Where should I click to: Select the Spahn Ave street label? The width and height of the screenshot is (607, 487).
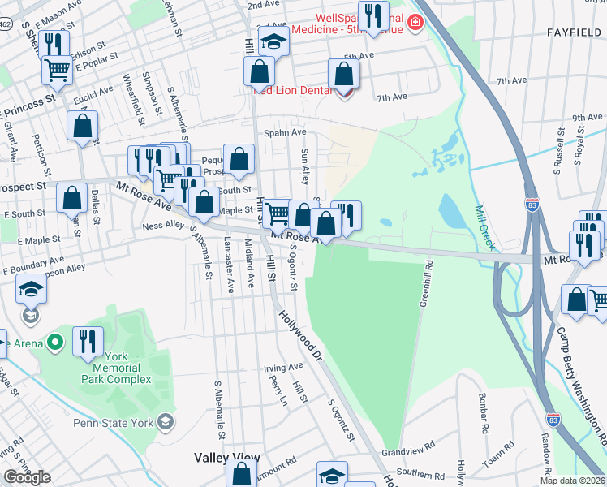pyautogui.click(x=284, y=132)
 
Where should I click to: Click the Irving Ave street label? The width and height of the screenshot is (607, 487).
pyautogui.click(x=282, y=368)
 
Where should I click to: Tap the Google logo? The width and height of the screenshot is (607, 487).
pyautogui.click(x=27, y=477)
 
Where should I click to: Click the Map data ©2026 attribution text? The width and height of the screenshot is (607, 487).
pyautogui.click(x=572, y=481)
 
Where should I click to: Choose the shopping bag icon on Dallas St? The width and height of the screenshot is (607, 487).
pyautogui.click(x=72, y=197)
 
